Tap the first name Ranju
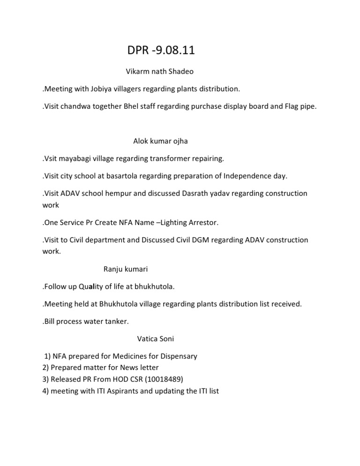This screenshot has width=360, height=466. pos(113,269)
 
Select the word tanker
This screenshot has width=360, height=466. pos(114,321)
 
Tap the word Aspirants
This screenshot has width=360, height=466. pos(118,390)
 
